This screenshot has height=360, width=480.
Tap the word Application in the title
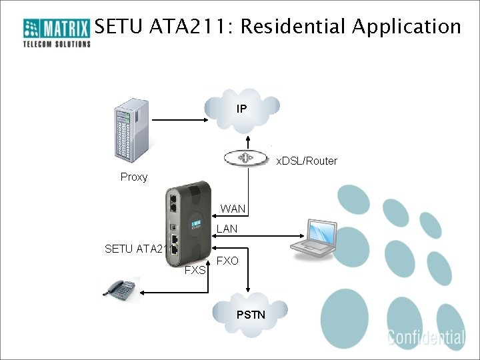[406, 27]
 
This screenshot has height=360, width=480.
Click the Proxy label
[134, 177]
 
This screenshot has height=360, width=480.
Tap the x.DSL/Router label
[307, 161]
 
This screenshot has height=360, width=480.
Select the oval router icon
[248, 158]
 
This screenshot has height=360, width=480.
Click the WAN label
[233, 209]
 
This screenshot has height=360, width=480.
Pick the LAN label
[227, 229]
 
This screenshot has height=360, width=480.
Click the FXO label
[227, 261]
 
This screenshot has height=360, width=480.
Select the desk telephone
[120, 289]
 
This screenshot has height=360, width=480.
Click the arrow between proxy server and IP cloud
[180, 120]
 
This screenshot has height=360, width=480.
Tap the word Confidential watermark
[426, 337]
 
